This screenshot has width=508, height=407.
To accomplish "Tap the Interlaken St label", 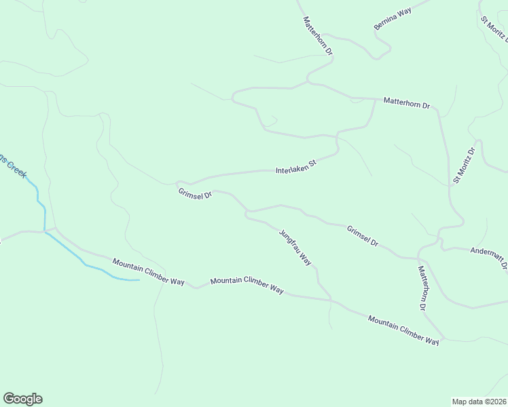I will pyautogui.click(x=296, y=167).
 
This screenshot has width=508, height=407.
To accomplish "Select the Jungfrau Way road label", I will pyautogui.click(x=295, y=247).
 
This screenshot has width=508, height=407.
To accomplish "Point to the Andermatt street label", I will pyautogui.click(x=489, y=258).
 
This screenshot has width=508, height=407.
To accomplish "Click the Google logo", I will pyautogui.click(x=22, y=399).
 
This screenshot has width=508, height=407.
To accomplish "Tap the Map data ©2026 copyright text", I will pyautogui.click(x=479, y=401).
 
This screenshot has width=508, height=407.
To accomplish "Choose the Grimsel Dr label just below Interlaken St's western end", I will pyautogui.click(x=196, y=194).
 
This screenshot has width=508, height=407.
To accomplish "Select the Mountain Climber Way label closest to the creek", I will pyautogui.click(x=149, y=272).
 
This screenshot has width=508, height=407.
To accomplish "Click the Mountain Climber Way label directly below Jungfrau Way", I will pyautogui.click(x=247, y=285).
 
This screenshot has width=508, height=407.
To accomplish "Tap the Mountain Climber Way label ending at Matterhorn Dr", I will pyautogui.click(x=403, y=330).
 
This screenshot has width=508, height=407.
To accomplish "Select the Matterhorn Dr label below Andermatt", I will pyautogui.click(x=422, y=288).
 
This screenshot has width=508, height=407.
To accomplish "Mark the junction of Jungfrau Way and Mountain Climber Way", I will pyautogui.click(x=331, y=299).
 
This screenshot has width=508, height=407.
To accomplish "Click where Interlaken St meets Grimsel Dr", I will pyautogui.click(x=178, y=183).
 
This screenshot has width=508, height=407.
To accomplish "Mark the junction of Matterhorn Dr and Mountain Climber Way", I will pyautogui.click(x=443, y=336).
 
